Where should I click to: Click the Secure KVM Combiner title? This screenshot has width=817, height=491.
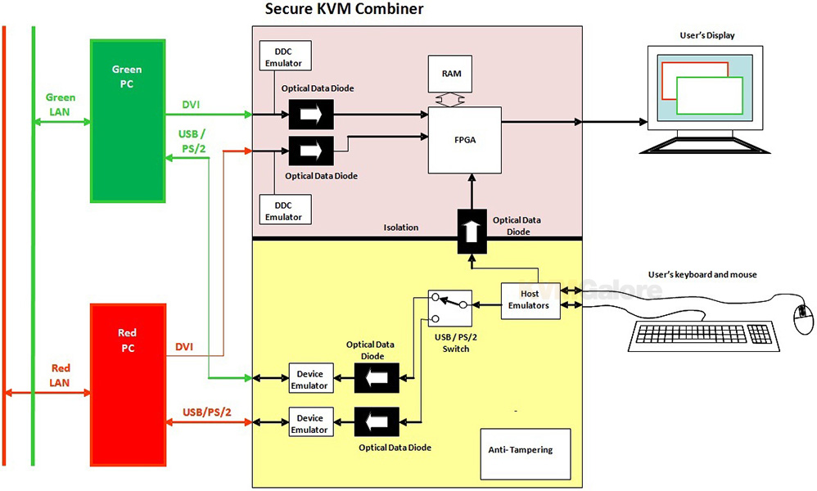345,10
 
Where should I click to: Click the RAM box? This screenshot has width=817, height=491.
450,74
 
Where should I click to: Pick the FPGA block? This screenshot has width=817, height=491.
463,139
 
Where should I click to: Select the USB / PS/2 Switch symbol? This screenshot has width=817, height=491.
450,308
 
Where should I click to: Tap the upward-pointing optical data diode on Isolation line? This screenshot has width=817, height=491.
471,227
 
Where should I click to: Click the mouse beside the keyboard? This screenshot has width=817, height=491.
801,318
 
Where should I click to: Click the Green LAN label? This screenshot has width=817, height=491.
60,104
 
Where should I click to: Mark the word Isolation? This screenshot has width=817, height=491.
402,227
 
